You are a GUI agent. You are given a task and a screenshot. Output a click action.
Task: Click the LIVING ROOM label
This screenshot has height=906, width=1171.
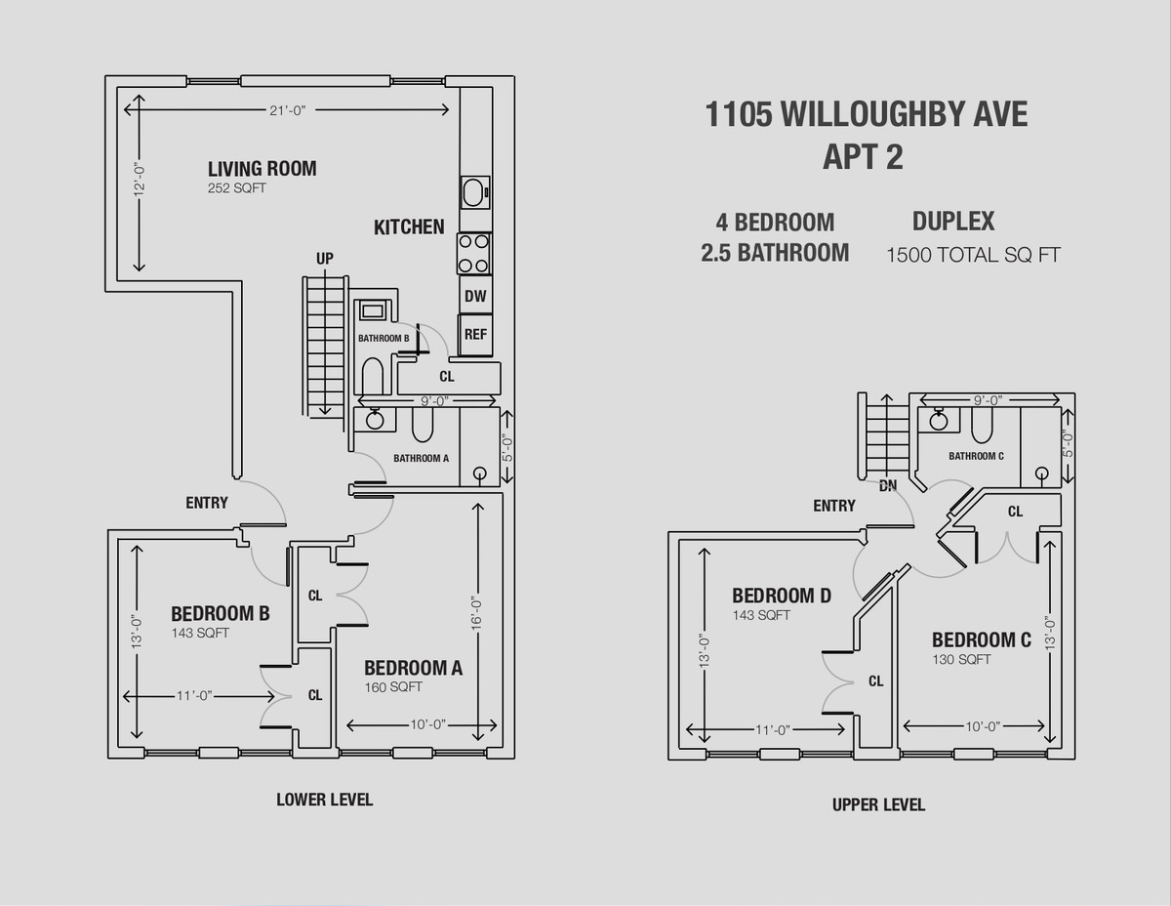(x=262, y=168)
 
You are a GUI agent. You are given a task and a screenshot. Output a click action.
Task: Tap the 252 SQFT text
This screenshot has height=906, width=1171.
(x=236, y=188)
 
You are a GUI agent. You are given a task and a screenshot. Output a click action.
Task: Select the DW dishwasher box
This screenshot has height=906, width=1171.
(x=475, y=295)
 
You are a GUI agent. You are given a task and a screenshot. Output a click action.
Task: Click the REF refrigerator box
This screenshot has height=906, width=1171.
(x=475, y=334)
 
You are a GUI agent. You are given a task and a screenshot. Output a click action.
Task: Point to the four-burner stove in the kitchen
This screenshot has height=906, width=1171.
(x=474, y=253)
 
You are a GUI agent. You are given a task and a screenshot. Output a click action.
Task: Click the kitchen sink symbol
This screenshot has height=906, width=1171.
(x=475, y=192)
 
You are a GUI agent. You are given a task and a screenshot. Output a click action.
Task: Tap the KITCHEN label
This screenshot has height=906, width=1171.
(x=409, y=227)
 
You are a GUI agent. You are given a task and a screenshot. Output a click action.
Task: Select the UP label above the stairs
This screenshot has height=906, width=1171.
(x=325, y=259)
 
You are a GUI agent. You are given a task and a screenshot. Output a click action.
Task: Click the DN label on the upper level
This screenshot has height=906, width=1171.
(x=888, y=484)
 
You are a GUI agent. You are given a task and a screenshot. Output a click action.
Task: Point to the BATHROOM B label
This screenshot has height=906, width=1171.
(x=383, y=338)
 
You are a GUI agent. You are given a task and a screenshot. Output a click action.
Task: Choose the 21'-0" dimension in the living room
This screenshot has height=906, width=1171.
(x=288, y=110)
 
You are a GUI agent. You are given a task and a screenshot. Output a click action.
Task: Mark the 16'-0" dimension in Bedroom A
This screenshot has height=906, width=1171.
(x=477, y=611)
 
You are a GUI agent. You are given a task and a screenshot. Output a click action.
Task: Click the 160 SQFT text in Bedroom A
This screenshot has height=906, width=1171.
(x=393, y=687)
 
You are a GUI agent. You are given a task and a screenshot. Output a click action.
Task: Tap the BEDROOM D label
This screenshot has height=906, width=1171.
(x=782, y=596)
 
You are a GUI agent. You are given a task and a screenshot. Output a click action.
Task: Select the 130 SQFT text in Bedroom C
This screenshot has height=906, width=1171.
(x=961, y=660)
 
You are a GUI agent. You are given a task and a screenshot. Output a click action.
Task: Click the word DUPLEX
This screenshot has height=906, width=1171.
(x=952, y=221)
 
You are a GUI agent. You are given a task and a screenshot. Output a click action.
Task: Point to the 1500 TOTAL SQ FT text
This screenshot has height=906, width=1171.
(x=973, y=256)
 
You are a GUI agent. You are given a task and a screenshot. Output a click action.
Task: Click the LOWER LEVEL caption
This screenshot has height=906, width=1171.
(x=324, y=800)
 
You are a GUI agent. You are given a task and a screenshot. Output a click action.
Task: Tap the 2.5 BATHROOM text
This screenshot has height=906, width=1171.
(x=775, y=253)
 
